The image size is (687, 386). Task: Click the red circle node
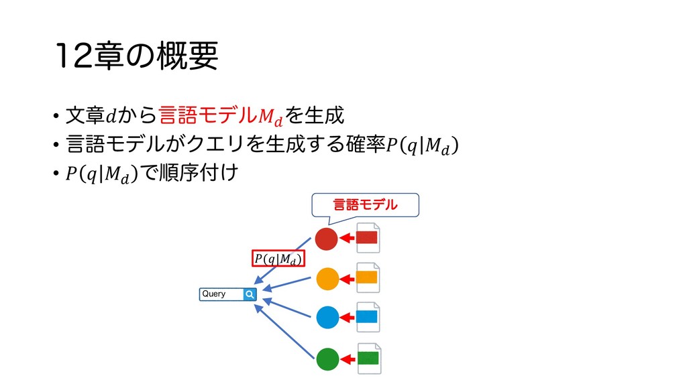pyautogui.click(x=326, y=239)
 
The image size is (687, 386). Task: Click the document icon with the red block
pyautogui.click(x=367, y=238)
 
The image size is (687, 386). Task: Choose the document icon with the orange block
pyautogui.click(x=367, y=277)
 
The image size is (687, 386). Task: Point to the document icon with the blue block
pyautogui.click(x=367, y=316)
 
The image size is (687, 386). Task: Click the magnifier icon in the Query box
pyautogui.click(x=250, y=294)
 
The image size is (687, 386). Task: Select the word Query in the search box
pyautogui.click(x=214, y=294)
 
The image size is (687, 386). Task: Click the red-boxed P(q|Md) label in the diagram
pyautogui.click(x=278, y=259)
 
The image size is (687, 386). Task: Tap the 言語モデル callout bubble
pyautogui.click(x=366, y=204)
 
